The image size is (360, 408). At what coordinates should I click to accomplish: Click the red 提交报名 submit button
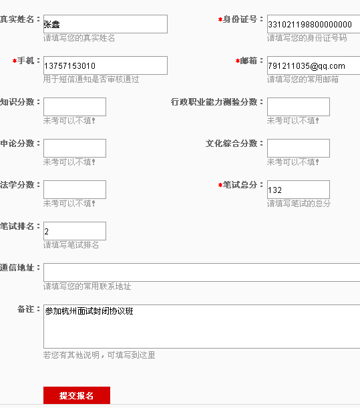pyautogui.click(x=77, y=395)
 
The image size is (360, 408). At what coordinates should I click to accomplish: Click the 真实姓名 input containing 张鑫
pyautogui.click(x=105, y=24)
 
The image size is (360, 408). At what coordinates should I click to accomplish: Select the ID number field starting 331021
pyautogui.click(x=314, y=24)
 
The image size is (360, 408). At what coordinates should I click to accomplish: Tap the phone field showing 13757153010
pyautogui.click(x=105, y=65)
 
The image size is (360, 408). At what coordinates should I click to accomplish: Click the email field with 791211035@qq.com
pyautogui.click(x=314, y=65)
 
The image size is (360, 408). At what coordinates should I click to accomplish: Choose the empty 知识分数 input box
pyautogui.click(x=75, y=107)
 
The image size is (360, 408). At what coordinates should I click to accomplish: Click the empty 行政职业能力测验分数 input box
pyautogui.click(x=299, y=107)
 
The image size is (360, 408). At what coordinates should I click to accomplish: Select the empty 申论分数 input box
pyautogui.click(x=75, y=148)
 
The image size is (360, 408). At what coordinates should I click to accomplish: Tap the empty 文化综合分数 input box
pyautogui.click(x=299, y=148)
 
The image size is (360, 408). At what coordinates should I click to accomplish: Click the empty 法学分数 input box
pyautogui.click(x=75, y=190)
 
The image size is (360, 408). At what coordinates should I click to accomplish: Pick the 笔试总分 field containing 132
pyautogui.click(x=299, y=190)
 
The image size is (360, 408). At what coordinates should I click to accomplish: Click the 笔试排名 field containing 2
pyautogui.click(x=75, y=231)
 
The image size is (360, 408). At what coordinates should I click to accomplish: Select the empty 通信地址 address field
pyautogui.click(x=202, y=272)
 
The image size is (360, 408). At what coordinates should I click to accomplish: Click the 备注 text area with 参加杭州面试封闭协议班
pyautogui.click(x=202, y=327)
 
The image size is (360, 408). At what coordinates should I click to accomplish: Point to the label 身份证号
pyautogui.click(x=240, y=19)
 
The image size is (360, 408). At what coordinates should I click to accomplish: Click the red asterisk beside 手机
pyautogui.click(x=15, y=61)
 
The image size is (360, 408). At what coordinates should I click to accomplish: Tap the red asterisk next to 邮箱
pyautogui.click(x=238, y=61)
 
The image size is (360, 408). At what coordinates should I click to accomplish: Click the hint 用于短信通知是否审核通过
pyautogui.click(x=91, y=79)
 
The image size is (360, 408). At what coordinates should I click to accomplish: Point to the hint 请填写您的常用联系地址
pyautogui.click(x=87, y=286)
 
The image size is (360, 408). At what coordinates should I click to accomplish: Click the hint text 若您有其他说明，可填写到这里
pyautogui.click(x=99, y=355)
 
